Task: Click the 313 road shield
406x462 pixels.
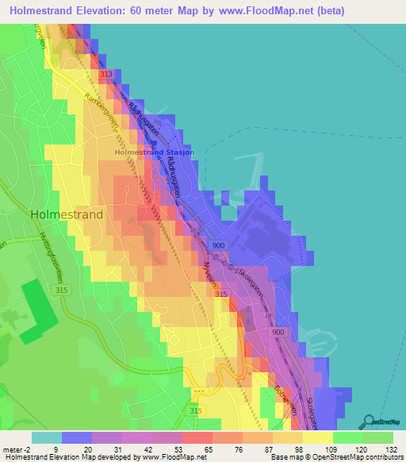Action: pyautogui.click(x=106, y=74)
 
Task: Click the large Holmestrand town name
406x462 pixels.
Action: pyautogui.click(x=67, y=214)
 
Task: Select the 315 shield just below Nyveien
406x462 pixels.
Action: pyautogui.click(x=221, y=295)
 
